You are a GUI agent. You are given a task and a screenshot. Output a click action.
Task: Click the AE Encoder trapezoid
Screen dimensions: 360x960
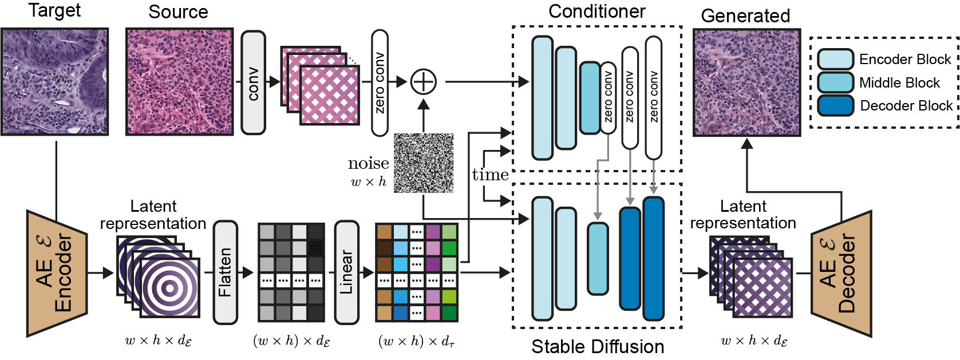tap(57, 273)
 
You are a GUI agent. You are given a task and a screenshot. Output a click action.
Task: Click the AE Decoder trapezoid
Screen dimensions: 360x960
tap(841, 273)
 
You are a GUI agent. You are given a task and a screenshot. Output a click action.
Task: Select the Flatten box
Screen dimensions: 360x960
tap(225, 272)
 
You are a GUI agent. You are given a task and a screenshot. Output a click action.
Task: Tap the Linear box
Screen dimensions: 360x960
tap(346, 272)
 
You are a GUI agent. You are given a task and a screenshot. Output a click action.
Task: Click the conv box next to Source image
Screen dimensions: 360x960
tap(253, 83)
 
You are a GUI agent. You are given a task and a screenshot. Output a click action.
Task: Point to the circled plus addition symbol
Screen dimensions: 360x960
tap(424, 82)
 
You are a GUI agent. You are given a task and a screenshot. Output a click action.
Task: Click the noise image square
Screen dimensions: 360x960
tap(424, 163)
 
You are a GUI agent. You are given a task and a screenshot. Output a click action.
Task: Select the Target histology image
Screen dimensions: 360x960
tap(54, 82)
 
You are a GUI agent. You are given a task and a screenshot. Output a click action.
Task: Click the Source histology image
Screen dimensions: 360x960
tap(179, 82)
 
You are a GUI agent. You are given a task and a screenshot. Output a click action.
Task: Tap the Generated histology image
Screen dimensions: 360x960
tap(746, 82)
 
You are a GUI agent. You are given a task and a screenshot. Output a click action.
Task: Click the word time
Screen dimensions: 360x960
tap(490, 175)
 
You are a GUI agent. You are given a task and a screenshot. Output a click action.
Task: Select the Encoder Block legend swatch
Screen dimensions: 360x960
tap(835, 60)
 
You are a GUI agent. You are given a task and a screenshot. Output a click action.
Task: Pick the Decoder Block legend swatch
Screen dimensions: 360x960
tap(835, 106)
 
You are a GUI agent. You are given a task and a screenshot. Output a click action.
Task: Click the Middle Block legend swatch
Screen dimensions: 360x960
tap(835, 82)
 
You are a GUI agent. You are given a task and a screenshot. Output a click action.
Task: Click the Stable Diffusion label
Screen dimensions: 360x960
tap(597, 346)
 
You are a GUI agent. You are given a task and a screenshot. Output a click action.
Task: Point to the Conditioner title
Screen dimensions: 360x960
tap(596, 11)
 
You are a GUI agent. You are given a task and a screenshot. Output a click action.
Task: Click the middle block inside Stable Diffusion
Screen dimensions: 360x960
tap(598, 259)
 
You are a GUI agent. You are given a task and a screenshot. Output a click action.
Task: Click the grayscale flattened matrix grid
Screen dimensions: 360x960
tap(291, 272)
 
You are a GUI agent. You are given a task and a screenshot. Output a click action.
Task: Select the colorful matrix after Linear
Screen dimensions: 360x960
tap(417, 272)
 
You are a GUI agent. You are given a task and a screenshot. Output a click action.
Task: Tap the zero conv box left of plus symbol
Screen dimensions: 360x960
tap(380, 83)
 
